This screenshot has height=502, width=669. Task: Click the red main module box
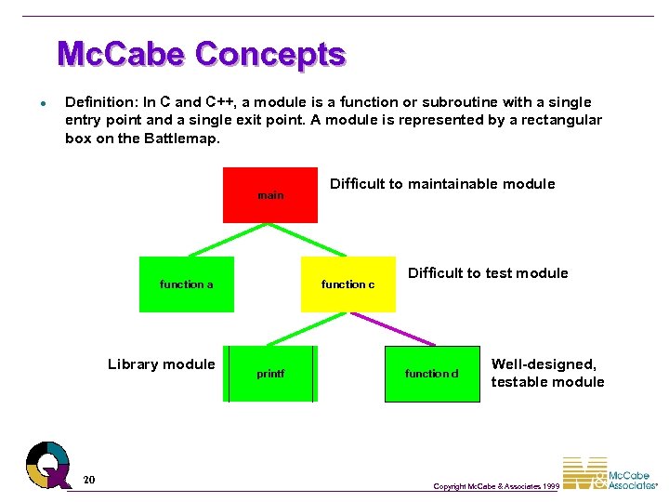(269, 195)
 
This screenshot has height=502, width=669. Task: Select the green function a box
(187, 284)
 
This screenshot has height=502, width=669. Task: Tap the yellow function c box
(348, 284)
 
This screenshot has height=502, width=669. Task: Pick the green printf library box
(270, 374)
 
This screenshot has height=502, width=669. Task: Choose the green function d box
(432, 374)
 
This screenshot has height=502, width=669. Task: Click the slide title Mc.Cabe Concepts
(201, 54)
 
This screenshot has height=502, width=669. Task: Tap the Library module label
(161, 363)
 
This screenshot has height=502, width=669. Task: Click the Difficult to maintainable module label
(442, 184)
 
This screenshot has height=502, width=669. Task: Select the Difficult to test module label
(488, 272)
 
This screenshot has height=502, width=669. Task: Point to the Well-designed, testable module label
(547, 373)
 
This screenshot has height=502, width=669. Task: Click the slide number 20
(88, 480)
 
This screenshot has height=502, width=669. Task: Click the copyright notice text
(496, 486)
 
